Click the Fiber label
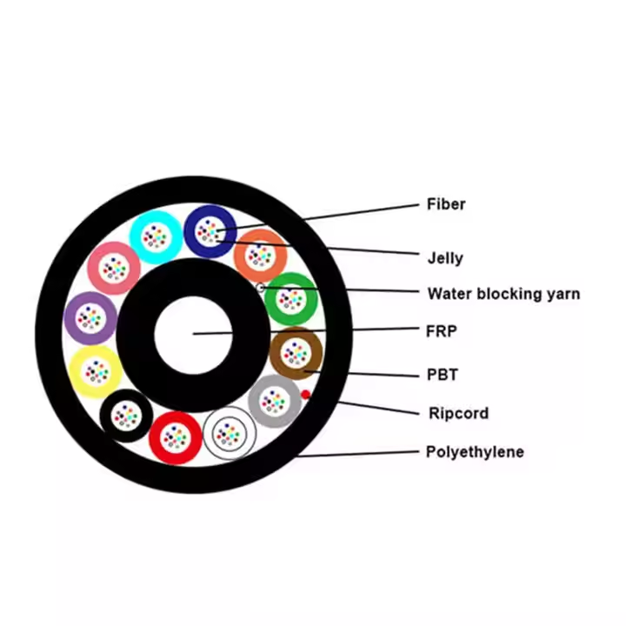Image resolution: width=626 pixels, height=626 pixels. point(446,204)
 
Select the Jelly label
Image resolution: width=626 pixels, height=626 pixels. point(445,258)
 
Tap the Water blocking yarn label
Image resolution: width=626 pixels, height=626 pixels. point(503,294)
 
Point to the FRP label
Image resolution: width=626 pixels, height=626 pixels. point(442,330)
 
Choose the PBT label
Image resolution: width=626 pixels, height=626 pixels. point(442,375)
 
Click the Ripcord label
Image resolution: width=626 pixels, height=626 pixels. point(457,413)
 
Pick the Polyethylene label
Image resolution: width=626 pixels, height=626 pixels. point(474,452)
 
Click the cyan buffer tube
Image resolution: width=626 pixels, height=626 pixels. point(156,236)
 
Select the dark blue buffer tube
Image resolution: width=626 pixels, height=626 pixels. point(210,230)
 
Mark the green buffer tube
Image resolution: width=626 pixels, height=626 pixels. point(291,299)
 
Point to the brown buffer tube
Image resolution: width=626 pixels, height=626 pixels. point(296,352)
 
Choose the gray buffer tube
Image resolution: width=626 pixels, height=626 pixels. point(274,401)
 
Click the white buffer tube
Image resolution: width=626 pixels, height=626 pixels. point(230,431)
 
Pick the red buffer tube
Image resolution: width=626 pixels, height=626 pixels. point(176,436)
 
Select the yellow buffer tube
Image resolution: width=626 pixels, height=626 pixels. point(96,372)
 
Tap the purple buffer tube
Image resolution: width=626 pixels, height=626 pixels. point(90,317)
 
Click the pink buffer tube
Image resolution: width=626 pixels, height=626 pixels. point(114,268)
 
